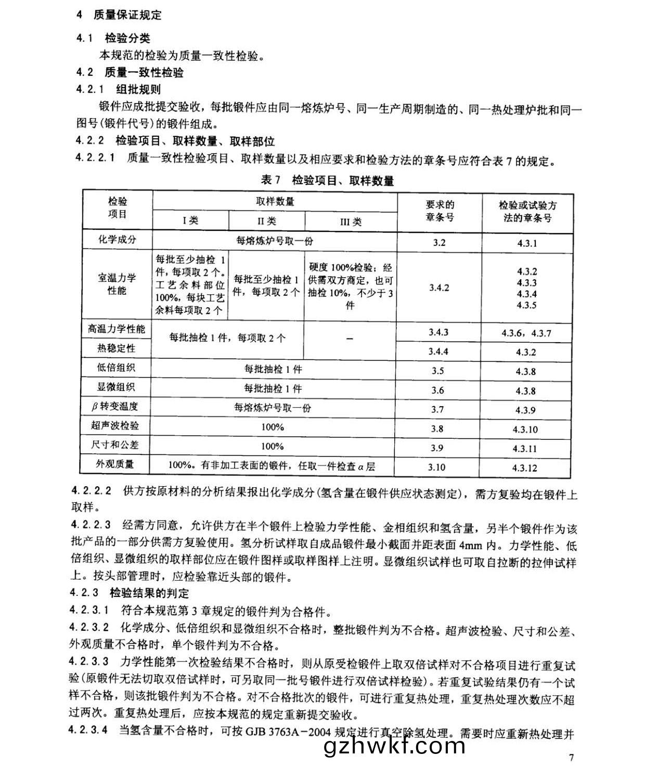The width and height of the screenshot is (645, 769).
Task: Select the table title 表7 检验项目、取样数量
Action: tap(327, 180)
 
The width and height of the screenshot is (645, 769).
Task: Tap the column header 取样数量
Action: tap(275, 201)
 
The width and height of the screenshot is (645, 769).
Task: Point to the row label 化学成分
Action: tap(117, 240)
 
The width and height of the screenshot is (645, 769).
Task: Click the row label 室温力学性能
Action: tap(117, 284)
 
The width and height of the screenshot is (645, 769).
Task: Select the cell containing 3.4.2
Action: tap(439, 288)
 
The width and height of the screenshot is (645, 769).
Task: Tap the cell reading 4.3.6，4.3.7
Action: tap(526, 333)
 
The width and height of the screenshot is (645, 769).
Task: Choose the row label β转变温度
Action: tap(115, 406)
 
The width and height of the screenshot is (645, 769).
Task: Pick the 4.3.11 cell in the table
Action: tap(526, 448)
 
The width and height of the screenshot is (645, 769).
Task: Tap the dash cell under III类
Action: tap(350, 338)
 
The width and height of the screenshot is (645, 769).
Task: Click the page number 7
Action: tap(572, 757)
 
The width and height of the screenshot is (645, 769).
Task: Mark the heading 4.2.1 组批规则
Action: tap(119, 89)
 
